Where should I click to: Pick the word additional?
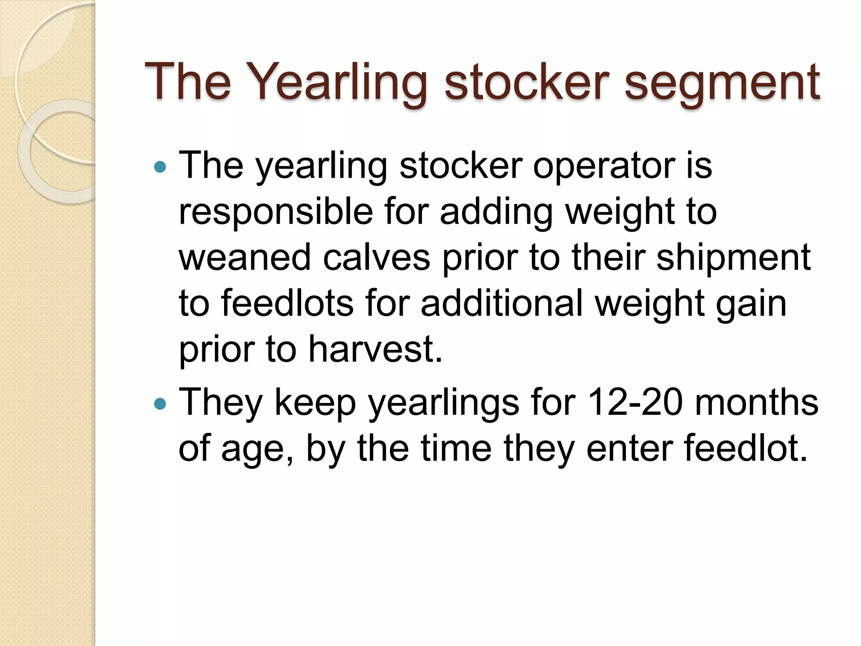coord(502,303)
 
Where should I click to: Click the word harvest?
coord(375,349)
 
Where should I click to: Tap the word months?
coord(757,402)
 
